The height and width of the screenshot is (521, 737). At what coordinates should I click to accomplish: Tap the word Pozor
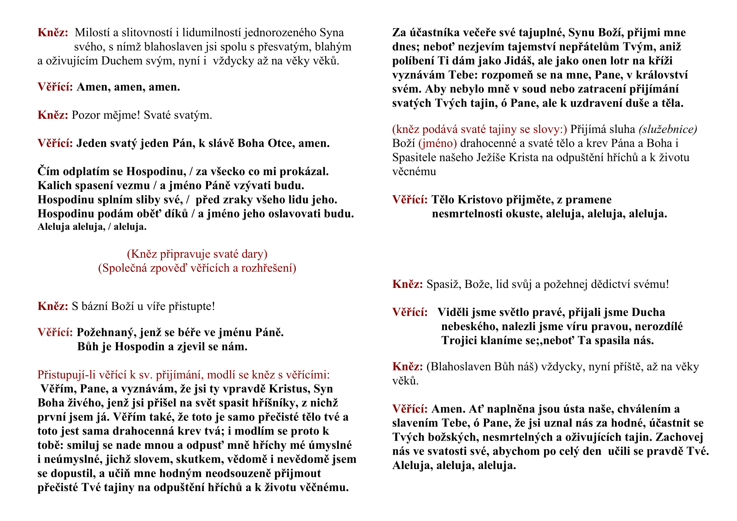86,115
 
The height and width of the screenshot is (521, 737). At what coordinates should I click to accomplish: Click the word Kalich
55,186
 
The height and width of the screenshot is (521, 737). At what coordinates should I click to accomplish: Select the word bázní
95,306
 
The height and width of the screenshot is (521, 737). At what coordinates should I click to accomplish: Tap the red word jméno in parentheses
438,143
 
